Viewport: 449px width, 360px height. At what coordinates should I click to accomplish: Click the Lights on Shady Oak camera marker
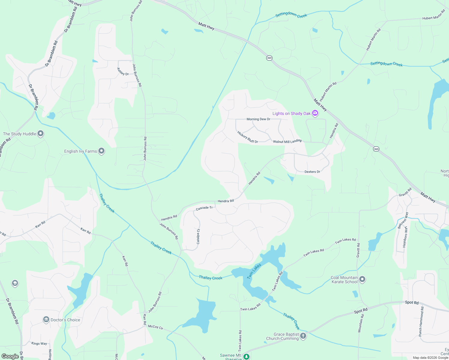pos(315,113)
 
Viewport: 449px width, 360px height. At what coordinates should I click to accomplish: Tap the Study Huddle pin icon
pos(41,134)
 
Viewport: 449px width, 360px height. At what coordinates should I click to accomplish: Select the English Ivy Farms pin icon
pos(101,151)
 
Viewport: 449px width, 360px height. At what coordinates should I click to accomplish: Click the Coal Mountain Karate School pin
pos(362,280)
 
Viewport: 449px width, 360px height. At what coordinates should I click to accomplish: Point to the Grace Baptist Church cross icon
pos(303,336)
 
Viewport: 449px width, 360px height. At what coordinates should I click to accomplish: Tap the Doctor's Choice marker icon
pos(46,319)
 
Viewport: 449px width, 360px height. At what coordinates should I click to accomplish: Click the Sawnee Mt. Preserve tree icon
pos(246,357)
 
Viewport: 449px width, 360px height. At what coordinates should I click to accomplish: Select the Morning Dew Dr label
pos(258,119)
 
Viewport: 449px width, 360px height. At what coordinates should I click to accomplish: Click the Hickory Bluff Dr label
pos(248,137)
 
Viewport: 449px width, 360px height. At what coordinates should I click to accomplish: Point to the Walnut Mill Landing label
pos(287,141)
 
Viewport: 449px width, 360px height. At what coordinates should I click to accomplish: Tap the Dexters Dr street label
pos(312,172)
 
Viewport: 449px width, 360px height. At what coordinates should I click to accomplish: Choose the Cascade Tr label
pos(204,208)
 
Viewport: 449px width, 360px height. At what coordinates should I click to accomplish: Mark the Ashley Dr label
pos(123,71)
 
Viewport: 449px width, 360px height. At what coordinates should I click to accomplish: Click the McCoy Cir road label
pos(156,327)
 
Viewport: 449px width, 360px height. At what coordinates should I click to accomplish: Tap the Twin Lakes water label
pos(254,271)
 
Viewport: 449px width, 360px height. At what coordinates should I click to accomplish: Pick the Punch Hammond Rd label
pos(421,321)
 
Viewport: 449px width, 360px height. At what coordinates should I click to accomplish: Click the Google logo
pos(10,356)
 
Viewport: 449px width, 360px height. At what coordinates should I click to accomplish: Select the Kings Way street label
pos(39,343)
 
